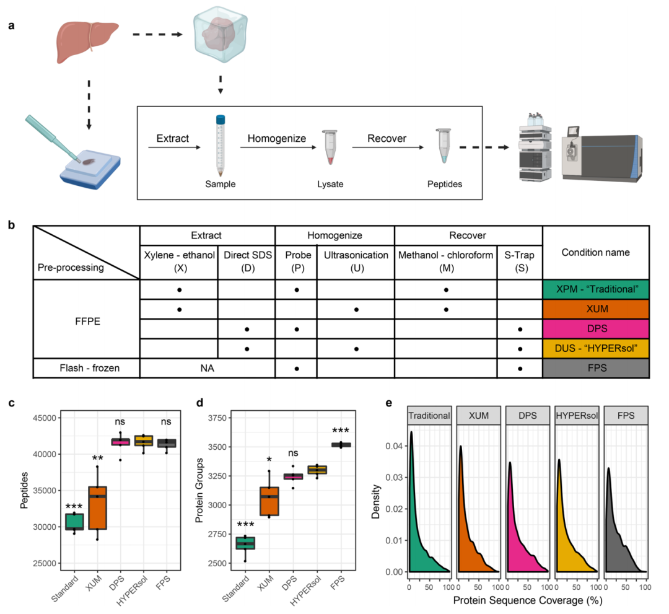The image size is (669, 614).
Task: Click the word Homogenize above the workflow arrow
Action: [x=276, y=139]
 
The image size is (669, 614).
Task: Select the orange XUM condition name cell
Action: [x=595, y=309]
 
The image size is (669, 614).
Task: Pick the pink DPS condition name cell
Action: [x=595, y=329]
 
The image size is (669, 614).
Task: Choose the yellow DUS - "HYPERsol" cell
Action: [x=595, y=348]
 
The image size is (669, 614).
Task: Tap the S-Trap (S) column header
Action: [x=520, y=261]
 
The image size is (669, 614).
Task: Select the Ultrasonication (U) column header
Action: [x=356, y=261]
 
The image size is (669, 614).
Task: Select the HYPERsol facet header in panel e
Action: [x=575, y=416]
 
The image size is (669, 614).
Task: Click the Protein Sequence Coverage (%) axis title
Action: [x=528, y=600]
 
